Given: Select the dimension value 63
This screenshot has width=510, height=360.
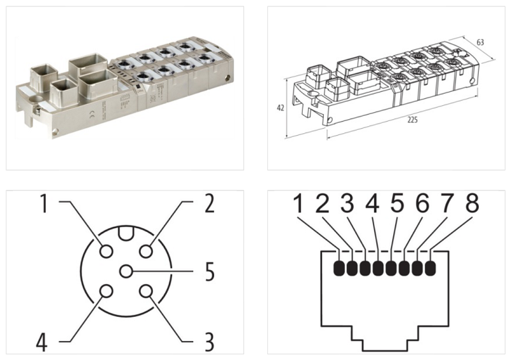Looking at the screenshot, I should click(480, 42).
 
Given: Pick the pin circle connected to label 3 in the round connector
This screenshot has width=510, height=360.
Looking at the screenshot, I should click(147, 292).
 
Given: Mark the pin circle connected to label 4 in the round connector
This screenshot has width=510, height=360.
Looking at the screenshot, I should click(106, 292).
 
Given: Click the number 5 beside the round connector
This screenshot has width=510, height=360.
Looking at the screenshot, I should click(208, 272).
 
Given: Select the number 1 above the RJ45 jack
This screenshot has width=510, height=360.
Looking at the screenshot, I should click(298, 206).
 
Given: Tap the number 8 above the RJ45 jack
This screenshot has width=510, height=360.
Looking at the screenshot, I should click(472, 206).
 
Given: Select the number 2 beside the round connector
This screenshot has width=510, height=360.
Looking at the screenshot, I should click(208, 205).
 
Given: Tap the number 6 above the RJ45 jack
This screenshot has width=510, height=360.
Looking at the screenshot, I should click(421, 206).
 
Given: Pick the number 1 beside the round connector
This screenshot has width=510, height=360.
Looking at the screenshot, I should click(43, 205).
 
